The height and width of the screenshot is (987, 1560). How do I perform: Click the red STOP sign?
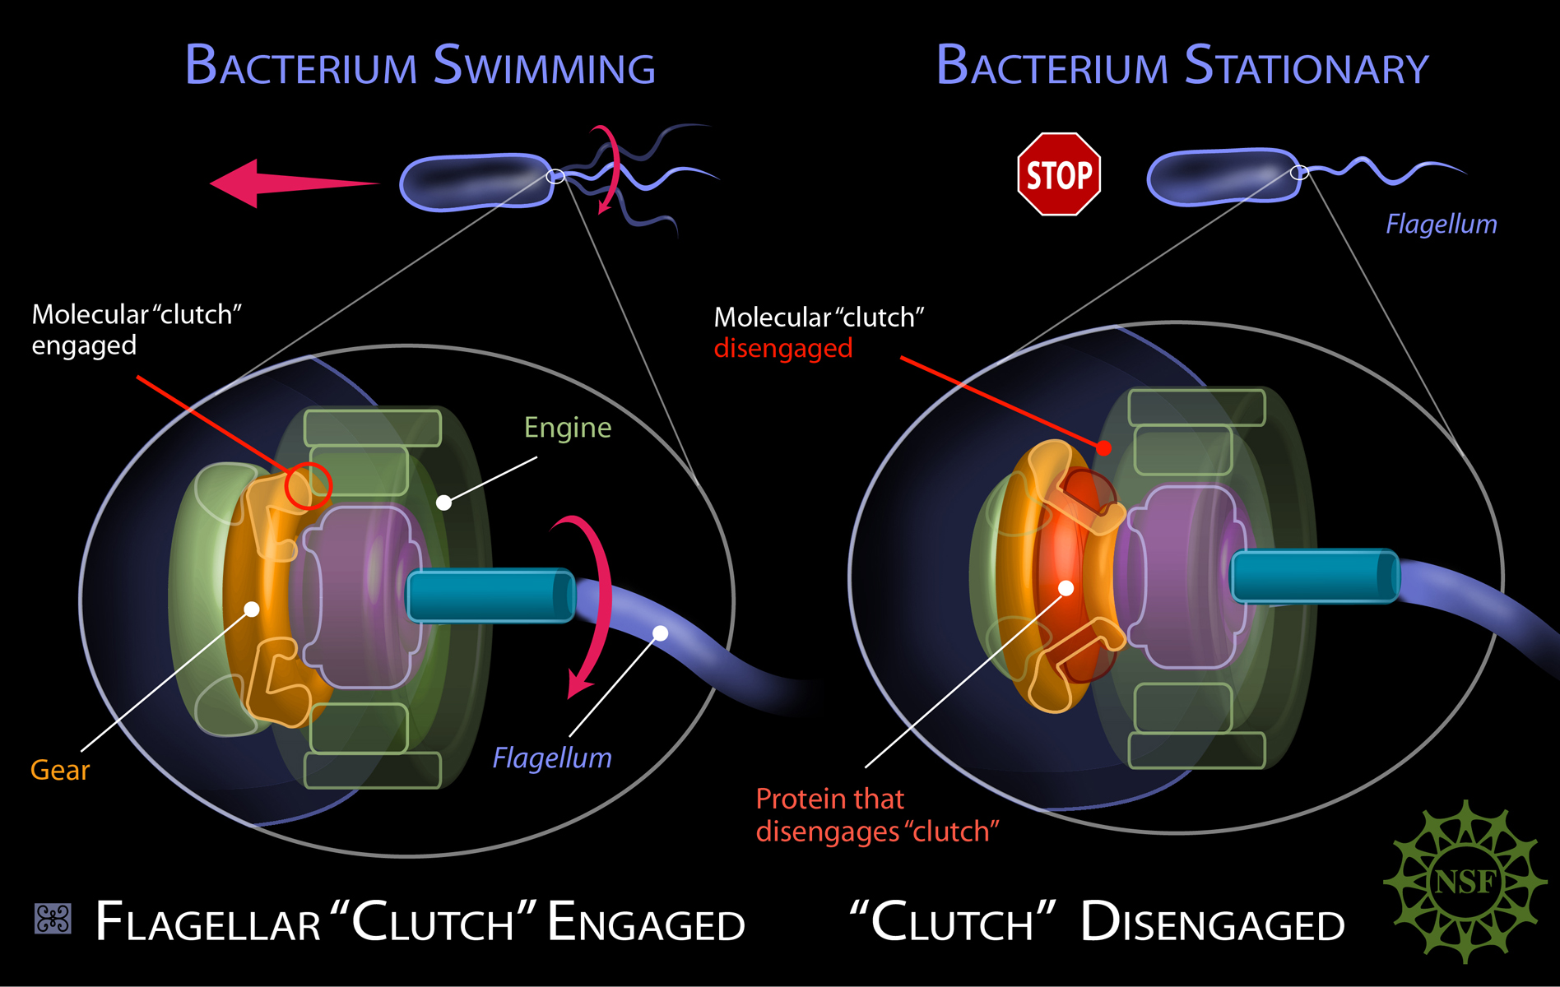1059,174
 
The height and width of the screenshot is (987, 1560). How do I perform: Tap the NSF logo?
1465,882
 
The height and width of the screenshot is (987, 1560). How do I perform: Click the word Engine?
568,428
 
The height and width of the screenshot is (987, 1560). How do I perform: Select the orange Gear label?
60,770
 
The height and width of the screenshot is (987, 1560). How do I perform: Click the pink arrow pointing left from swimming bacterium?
294,183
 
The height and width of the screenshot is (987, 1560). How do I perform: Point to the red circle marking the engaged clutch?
308,485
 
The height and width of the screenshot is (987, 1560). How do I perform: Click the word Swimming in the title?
545,66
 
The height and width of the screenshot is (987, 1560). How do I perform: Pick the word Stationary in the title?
1307,66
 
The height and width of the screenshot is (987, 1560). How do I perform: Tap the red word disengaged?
783,349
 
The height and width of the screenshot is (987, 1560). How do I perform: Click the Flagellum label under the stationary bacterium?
1442,224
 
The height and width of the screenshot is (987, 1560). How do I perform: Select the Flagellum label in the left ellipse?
552,758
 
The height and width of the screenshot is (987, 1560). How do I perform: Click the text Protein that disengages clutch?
877,815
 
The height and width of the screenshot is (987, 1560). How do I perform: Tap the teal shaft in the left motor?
490,595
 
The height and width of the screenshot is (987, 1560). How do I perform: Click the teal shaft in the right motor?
1314,576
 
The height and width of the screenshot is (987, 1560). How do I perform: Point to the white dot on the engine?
443,503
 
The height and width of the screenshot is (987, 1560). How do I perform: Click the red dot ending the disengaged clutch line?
1104,448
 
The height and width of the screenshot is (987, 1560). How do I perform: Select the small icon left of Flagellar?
53,919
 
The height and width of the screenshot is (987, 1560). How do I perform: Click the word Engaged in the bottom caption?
646,922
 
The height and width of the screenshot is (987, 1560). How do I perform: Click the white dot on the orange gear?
252,609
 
